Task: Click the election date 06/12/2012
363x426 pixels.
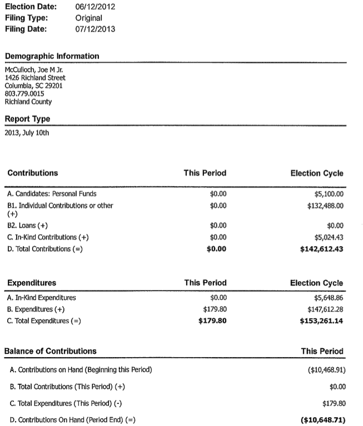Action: click(95, 7)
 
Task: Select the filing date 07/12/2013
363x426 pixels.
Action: click(95, 29)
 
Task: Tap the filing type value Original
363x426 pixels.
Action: click(89, 18)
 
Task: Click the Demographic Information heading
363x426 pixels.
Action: click(52, 56)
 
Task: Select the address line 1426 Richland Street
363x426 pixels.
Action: click(35, 78)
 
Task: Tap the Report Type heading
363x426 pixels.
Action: click(27, 119)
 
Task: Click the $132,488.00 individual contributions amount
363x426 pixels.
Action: click(325, 206)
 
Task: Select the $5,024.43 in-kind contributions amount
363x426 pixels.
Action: click(329, 238)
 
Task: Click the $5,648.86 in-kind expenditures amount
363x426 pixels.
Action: click(329, 298)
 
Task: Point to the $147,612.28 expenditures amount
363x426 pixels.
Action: click(325, 309)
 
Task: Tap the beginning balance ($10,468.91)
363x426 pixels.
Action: click(323, 370)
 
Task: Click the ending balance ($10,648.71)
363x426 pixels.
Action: click(322, 419)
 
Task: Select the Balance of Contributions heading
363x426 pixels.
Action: click(50, 351)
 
